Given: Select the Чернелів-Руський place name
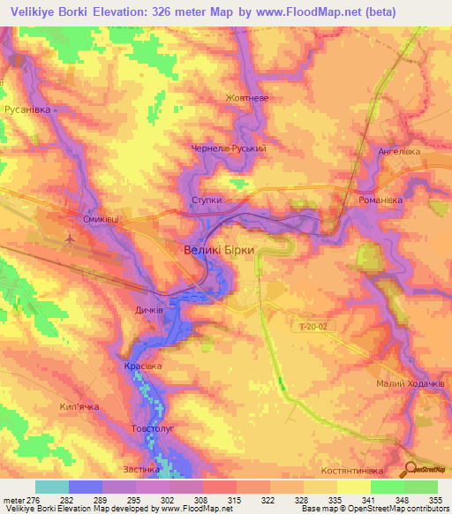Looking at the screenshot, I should tap(229, 149).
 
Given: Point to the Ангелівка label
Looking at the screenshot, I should tap(399, 151).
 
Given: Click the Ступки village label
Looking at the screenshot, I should tap(207, 200).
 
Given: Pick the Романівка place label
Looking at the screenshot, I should tap(380, 200).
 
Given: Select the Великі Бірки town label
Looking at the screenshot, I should tap(219, 250).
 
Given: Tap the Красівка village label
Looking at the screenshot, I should tap(143, 365).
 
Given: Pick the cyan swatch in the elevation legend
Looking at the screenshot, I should tap(52, 487).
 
